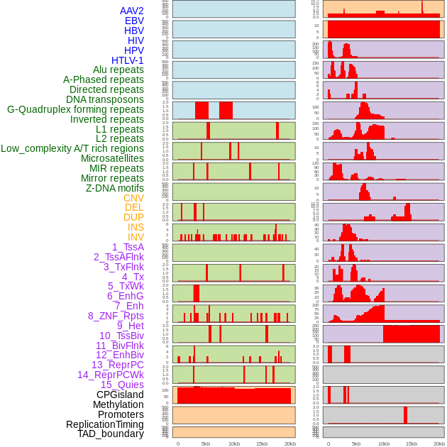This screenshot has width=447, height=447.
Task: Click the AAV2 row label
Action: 132,11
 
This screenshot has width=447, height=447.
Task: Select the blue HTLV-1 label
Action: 128,60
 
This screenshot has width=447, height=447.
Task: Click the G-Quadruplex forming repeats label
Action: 75,109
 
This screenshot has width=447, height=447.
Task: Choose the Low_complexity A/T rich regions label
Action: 72,148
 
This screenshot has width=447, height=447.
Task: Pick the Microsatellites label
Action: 112,158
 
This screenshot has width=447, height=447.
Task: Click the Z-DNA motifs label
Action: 114,188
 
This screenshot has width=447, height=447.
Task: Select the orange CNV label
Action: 133,198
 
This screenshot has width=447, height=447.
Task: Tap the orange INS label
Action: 136,227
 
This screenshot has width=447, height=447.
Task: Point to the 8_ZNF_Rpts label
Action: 116,316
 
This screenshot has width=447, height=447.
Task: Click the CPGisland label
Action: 120,394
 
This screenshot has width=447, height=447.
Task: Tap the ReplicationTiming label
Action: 105,424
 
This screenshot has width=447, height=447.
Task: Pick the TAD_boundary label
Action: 111,434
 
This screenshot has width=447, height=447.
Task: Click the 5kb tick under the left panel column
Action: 206,443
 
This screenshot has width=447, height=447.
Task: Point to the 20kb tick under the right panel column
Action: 439,443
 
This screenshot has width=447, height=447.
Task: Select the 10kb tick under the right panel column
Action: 384,443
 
